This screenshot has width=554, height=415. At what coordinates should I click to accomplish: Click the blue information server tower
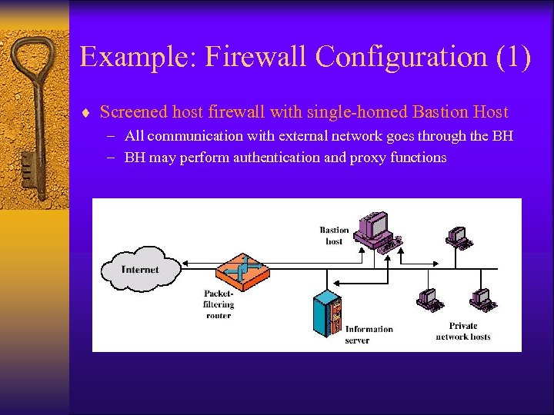(327, 313)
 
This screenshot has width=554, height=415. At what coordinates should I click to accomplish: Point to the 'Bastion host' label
(334, 235)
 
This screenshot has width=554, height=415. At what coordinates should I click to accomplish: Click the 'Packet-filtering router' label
(218, 304)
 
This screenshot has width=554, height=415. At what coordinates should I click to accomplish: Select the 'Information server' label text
(369, 334)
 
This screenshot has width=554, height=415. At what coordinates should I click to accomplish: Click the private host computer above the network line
(459, 237)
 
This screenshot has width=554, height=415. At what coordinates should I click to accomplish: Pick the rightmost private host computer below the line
(482, 298)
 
